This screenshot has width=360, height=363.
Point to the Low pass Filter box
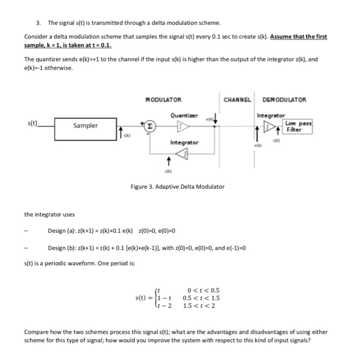pos(297,127)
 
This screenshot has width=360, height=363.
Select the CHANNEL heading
pos(238,100)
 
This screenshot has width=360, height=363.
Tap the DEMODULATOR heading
pos(284,100)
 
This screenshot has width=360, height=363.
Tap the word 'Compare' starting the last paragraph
pos(37,331)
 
